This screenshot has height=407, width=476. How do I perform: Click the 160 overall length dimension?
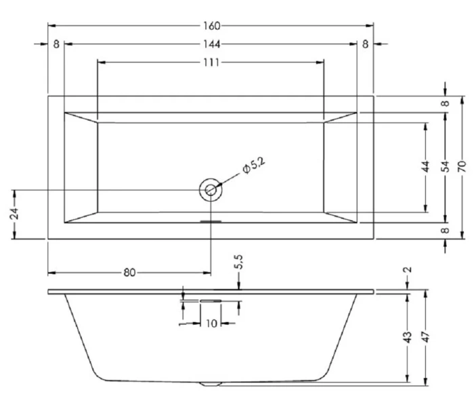tap(212, 26)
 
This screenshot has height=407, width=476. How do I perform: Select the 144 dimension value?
tap(212, 44)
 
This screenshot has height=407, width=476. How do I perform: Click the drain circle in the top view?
tap(211, 190)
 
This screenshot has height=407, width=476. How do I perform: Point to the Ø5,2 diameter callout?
tap(253, 165)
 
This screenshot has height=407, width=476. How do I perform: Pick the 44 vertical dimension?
tap(427, 168)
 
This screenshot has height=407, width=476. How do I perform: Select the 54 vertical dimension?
tap(445, 168)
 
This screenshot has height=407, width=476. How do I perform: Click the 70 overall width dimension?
tap(463, 168)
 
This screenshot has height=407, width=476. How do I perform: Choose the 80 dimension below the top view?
tap(130, 273)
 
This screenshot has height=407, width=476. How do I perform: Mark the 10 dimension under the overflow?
tap(211, 324)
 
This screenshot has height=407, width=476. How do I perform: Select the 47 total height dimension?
tap(427, 337)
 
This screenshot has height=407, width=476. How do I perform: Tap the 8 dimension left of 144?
tap(56, 44)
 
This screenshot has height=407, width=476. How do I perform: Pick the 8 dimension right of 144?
tap(366, 44)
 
